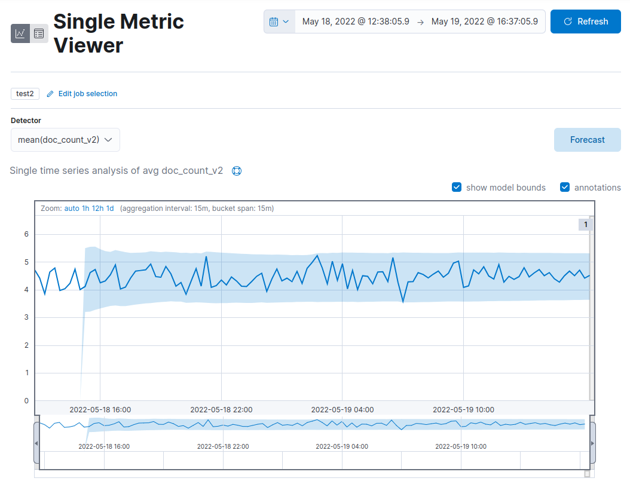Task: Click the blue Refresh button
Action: click(585, 22)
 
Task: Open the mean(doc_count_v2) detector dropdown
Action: click(65, 140)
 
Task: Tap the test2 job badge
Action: click(25, 94)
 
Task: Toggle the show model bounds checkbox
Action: click(457, 188)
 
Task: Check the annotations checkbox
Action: click(565, 188)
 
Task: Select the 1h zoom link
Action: click(85, 209)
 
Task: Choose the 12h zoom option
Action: click(97, 209)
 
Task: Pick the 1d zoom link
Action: click(110, 209)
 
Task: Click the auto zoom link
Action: click(72, 209)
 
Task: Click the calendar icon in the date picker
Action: click(274, 22)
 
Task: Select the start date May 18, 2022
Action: click(356, 22)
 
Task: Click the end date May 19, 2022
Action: click(484, 22)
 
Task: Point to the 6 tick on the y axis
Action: click(26, 234)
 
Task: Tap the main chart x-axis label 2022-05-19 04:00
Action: click(342, 410)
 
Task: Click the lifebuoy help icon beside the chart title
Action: click(237, 171)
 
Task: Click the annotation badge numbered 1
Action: click(585, 225)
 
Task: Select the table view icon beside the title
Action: click(39, 33)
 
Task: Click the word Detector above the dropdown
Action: click(26, 121)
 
